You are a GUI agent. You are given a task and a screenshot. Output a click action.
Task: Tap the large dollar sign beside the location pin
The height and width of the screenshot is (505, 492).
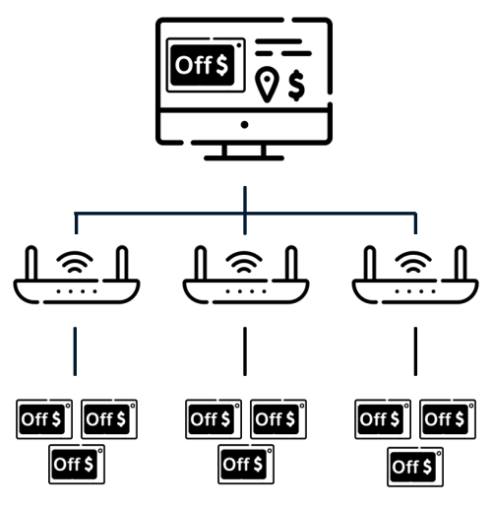tap(296, 85)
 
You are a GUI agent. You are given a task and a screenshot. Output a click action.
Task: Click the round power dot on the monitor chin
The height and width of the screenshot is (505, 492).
tap(244, 125)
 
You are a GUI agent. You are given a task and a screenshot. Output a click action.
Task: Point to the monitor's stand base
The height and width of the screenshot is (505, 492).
tap(244, 158)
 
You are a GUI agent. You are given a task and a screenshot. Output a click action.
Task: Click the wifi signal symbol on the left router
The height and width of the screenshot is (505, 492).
tap(75, 262)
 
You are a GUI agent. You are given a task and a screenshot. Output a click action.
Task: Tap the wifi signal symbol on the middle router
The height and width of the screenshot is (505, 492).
tap(244, 262)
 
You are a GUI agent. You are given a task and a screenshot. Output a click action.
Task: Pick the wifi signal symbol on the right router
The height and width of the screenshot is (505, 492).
tap(413, 262)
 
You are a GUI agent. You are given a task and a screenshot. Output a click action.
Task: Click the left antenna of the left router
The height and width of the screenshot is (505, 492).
tap(31, 263)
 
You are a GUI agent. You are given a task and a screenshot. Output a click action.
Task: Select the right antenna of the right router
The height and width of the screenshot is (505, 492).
tap(461, 263)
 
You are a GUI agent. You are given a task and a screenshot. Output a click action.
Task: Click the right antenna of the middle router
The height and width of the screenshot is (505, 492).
tap(291, 263)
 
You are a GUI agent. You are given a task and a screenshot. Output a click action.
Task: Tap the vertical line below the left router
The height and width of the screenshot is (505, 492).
tap(75, 351)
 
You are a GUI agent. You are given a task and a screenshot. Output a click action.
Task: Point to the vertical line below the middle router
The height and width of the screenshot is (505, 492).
tap(245, 351)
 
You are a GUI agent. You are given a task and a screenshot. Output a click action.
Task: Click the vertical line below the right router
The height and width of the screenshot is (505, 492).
tap(415, 351)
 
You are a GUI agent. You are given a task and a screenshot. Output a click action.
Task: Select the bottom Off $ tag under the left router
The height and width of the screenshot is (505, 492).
tap(77, 464)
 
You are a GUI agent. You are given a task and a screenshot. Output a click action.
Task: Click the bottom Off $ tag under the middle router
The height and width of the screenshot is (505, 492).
tap(246, 464)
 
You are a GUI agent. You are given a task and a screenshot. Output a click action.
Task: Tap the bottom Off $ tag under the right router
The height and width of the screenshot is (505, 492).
tap(415, 467)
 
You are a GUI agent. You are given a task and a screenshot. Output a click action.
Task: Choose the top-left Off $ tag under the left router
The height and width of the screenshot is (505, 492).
tap(44, 419)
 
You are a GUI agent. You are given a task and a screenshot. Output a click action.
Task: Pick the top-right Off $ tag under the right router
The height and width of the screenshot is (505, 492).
tap(448, 419)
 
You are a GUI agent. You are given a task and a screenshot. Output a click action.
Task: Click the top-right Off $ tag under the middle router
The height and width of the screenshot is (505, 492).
tap(278, 419)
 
